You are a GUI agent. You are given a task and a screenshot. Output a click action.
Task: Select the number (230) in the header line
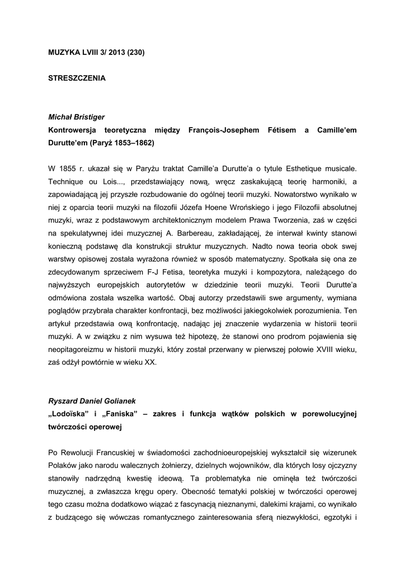pos(136,53)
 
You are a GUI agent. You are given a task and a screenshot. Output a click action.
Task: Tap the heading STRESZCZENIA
pos(77,78)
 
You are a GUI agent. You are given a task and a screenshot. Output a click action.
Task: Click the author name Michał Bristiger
pos(77,117)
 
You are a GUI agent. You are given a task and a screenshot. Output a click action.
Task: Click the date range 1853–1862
pos(133,143)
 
